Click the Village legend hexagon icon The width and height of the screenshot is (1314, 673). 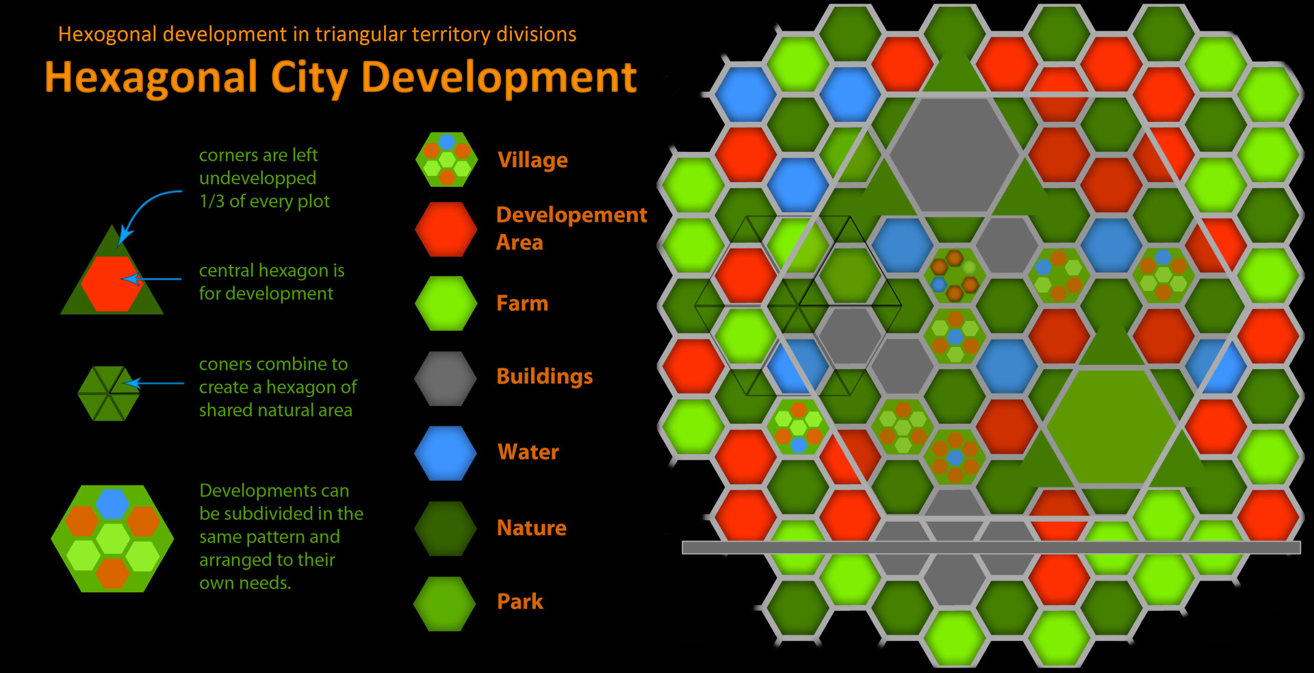(446, 160)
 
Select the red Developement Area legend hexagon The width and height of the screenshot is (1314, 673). (446, 229)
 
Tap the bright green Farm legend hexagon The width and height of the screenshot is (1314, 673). (446, 303)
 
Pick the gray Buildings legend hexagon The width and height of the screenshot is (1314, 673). (446, 379)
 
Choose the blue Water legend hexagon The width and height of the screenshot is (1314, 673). (446, 453)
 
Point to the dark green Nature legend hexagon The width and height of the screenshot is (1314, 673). (446, 529)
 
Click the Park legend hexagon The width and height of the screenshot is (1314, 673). (445, 603)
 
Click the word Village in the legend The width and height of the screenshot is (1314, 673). (532, 160)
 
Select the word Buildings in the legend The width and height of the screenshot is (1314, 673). (545, 377)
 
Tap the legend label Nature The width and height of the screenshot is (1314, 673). (532, 528)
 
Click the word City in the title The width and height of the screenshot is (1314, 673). (310, 77)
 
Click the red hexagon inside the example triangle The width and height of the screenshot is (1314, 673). (112, 283)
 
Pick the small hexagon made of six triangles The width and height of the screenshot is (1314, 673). (109, 394)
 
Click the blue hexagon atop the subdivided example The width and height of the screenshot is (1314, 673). (113, 504)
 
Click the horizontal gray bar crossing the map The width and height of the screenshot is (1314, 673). (991, 547)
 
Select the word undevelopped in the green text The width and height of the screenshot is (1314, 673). (257, 178)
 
